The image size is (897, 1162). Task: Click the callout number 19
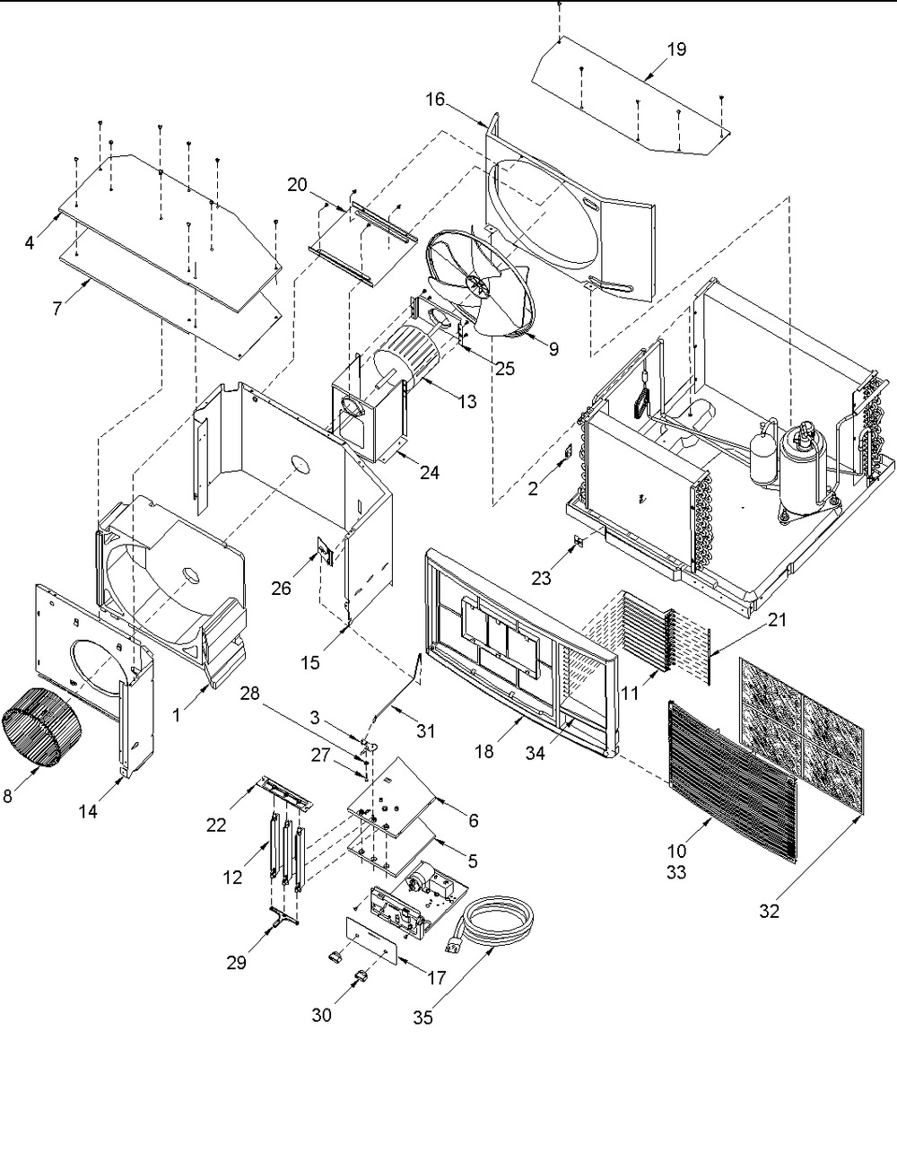676,49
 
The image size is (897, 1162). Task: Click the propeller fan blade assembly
481,282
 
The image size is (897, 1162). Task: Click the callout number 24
430,472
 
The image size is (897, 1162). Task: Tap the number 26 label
281,589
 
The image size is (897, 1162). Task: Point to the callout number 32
770,911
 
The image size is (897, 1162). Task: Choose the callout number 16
435,100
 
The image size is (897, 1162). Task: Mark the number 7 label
57,309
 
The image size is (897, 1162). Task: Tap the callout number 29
236,963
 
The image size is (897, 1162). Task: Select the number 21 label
778,620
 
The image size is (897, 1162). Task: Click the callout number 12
232,877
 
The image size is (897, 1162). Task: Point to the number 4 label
30,243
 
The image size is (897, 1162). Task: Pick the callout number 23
541,578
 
